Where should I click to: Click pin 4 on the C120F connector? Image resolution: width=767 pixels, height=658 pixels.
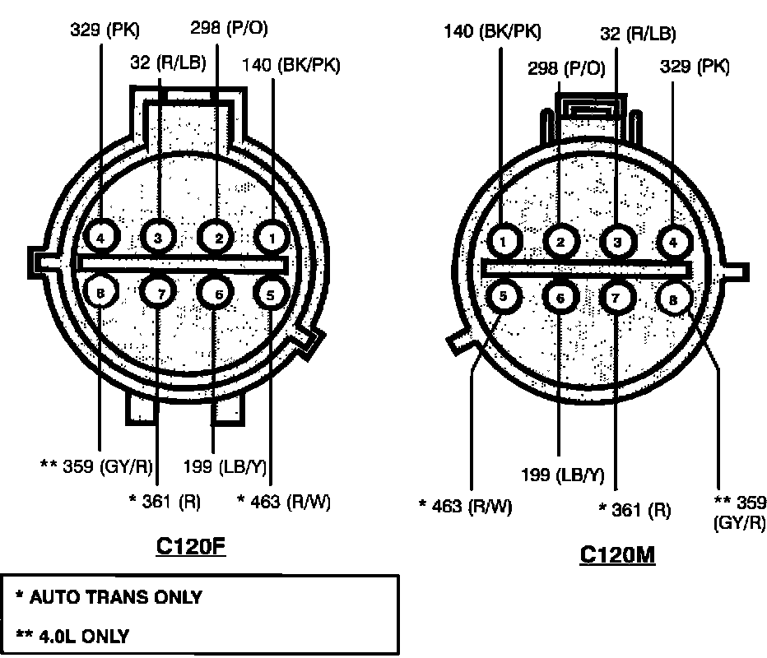pyautogui.click(x=101, y=238)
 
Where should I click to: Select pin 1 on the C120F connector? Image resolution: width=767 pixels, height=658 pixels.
pyautogui.click(x=272, y=238)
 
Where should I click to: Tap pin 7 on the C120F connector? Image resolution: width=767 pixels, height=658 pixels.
pyautogui.click(x=159, y=293)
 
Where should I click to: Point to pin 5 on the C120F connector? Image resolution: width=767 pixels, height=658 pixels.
pyautogui.click(x=271, y=294)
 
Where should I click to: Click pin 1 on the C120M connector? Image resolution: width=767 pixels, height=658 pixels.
pyautogui.click(x=504, y=241)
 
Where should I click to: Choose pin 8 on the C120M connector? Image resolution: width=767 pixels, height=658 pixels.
pyautogui.click(x=673, y=299)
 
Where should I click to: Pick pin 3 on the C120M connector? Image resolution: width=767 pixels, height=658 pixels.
pyautogui.click(x=617, y=242)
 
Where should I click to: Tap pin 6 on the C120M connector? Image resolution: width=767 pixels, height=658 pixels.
pyautogui.click(x=560, y=297)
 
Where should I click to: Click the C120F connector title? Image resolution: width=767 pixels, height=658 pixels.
pyautogui.click(x=191, y=546)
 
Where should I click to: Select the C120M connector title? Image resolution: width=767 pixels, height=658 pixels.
pyautogui.click(x=617, y=555)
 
